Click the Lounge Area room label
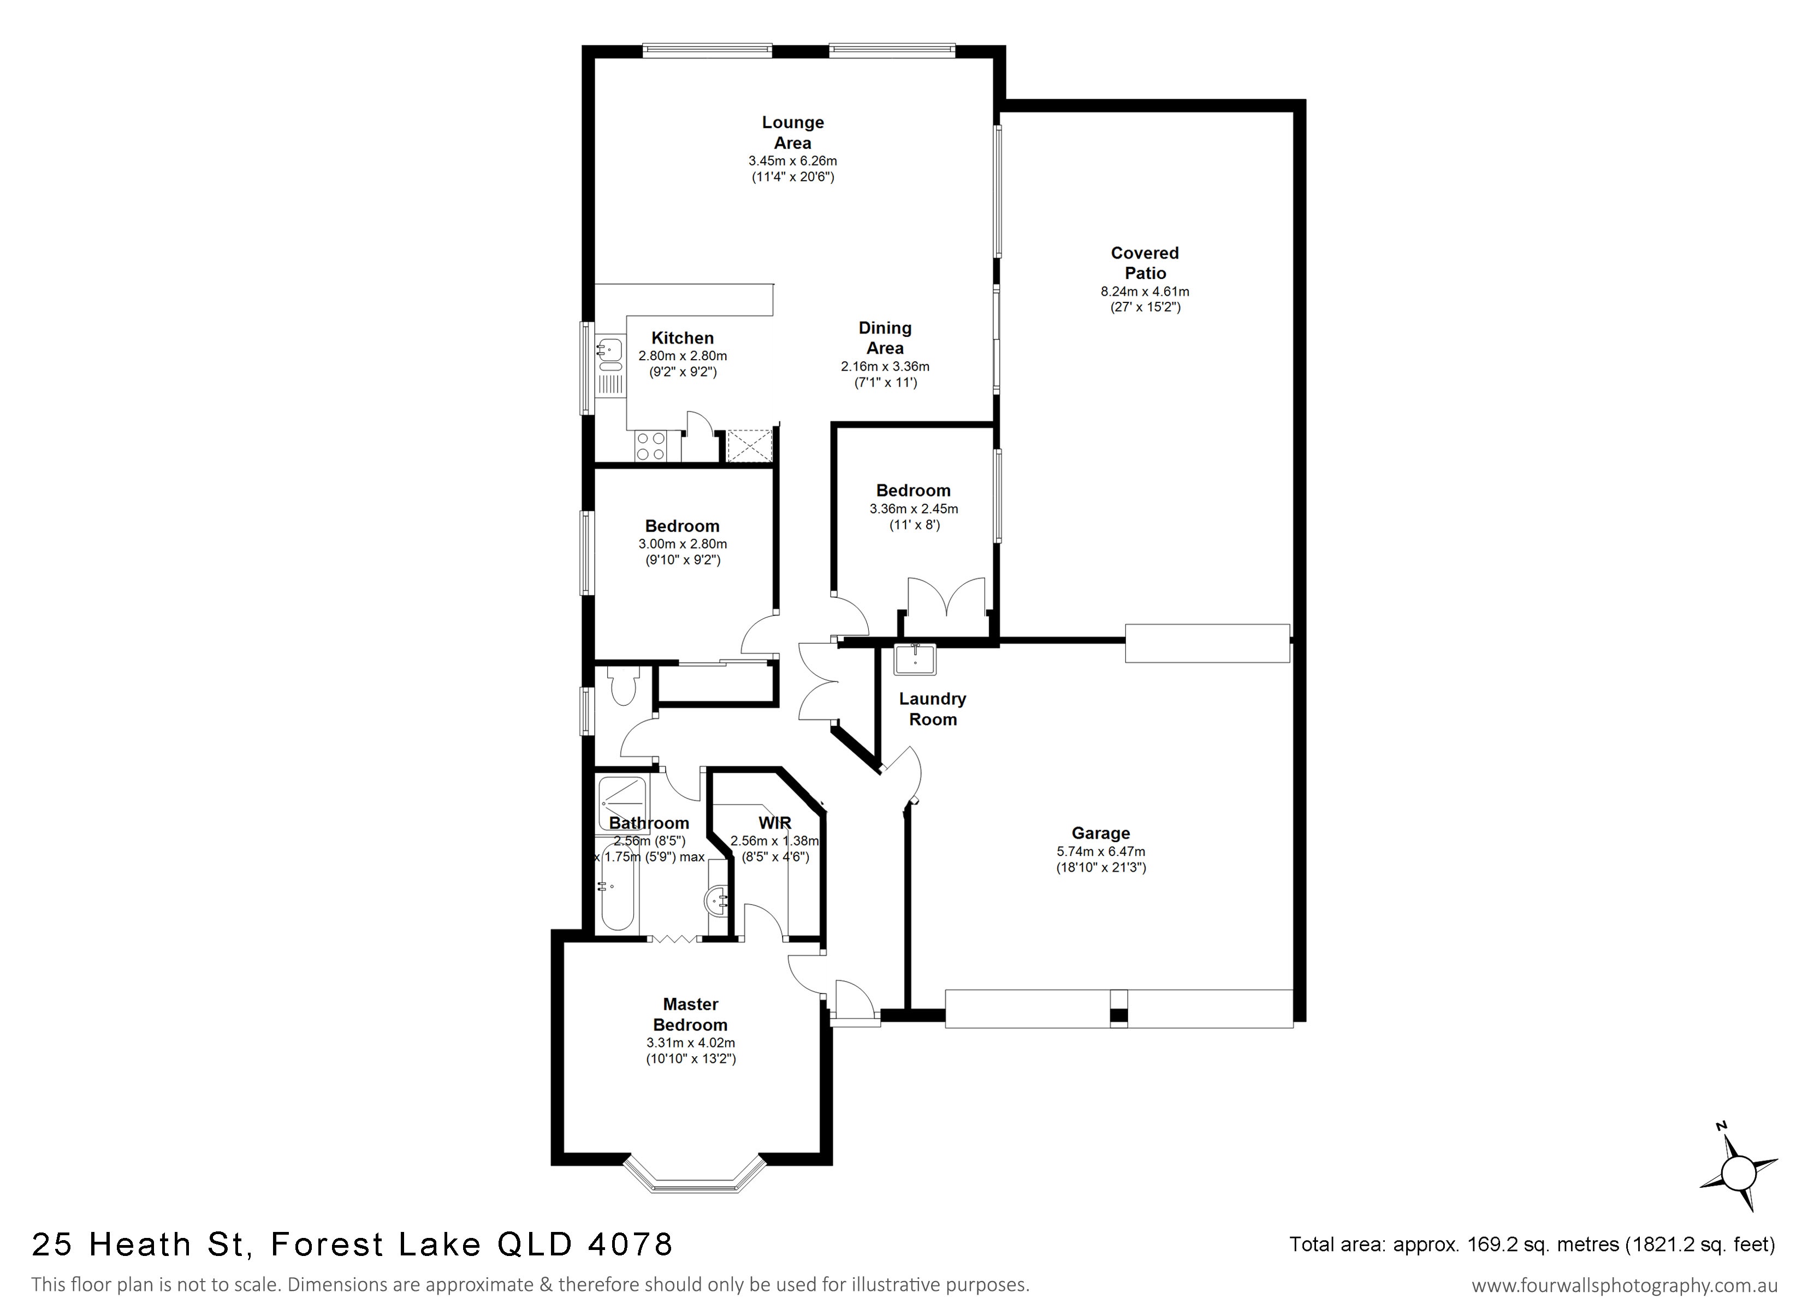click(792, 133)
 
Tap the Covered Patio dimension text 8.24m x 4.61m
click(1145, 291)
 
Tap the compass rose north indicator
click(1739, 1172)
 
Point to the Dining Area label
click(885, 338)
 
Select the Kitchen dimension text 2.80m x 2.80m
click(683, 356)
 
